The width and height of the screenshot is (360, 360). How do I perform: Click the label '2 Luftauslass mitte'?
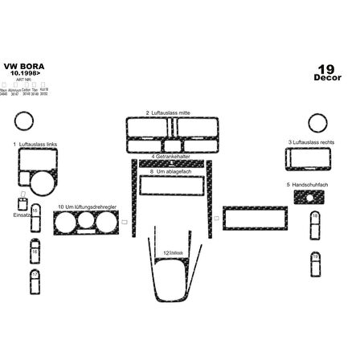click(170, 113)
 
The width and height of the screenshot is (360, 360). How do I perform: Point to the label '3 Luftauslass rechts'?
click(314, 142)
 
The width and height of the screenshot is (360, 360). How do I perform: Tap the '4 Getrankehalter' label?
click(170, 157)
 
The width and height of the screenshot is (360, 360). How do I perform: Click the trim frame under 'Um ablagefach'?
click(170, 186)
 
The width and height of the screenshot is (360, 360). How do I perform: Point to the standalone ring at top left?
click(23, 123)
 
